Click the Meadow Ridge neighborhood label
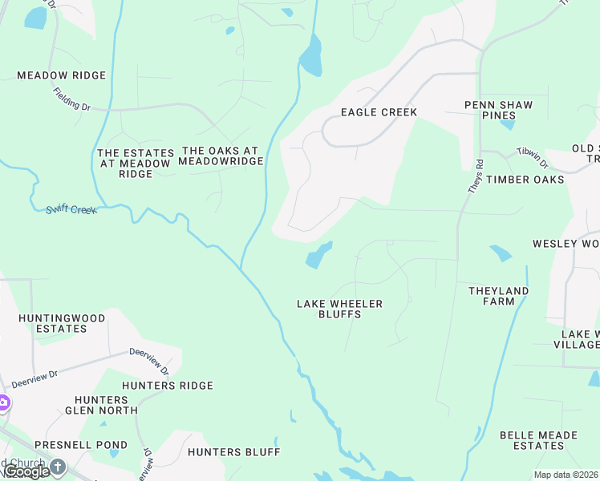(x=62, y=75)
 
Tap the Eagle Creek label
(x=379, y=112)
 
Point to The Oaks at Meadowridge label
(x=221, y=156)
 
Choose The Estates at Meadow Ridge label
(x=136, y=163)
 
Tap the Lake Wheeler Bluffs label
(x=339, y=309)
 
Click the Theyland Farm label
(x=498, y=296)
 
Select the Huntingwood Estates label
(x=62, y=323)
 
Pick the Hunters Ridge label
(x=168, y=386)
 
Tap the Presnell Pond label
(x=81, y=445)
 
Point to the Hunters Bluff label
(x=234, y=452)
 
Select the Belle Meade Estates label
(x=538, y=440)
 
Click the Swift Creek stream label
(x=71, y=208)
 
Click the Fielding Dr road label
(x=73, y=99)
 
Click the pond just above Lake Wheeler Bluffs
(x=318, y=256)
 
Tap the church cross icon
(x=58, y=466)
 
